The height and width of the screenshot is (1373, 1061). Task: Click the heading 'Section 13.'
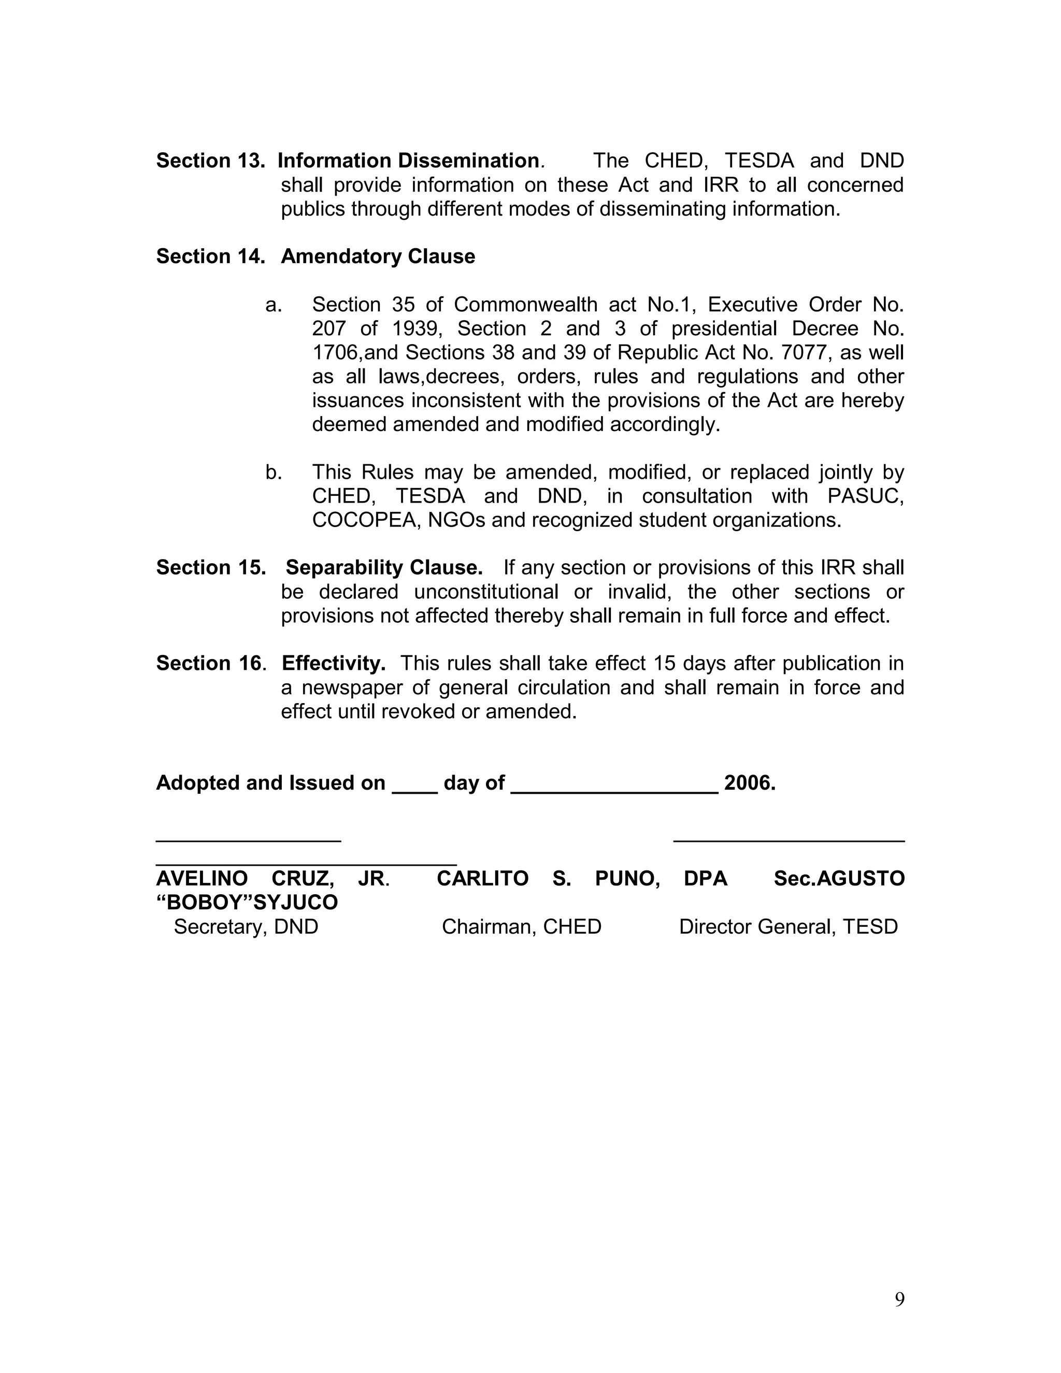coord(210,161)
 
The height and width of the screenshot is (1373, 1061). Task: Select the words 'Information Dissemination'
coord(408,161)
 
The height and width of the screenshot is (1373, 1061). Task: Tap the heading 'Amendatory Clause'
coord(378,256)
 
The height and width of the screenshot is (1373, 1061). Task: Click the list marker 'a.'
coord(274,305)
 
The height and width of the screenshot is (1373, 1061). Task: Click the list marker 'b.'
coord(274,472)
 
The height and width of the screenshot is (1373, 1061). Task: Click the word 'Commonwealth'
coord(525,305)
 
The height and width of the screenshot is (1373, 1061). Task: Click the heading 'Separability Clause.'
coord(384,568)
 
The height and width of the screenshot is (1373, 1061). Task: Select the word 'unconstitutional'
coord(486,592)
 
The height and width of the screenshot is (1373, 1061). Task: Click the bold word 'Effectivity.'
coord(333,663)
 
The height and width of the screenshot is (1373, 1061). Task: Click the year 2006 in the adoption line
coord(749,783)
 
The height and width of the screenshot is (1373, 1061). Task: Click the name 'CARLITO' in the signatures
coord(483,879)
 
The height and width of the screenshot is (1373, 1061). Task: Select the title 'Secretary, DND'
coord(246,927)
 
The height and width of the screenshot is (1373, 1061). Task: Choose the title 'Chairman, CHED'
coord(522,927)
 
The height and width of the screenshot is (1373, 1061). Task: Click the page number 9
coord(899,1299)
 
